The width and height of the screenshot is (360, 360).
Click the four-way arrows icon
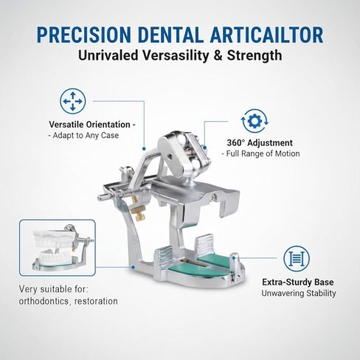72,100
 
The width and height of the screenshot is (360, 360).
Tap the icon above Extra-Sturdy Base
297,257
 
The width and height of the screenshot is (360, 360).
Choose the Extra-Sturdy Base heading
299,282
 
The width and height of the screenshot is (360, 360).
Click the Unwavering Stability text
299,293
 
